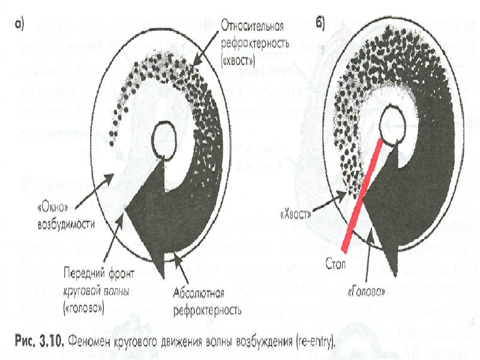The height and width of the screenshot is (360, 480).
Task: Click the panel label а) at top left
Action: pos(19,25)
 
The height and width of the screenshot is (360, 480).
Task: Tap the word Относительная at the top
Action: pos(253,26)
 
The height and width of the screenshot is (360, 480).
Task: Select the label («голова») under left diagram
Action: pos(83,308)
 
